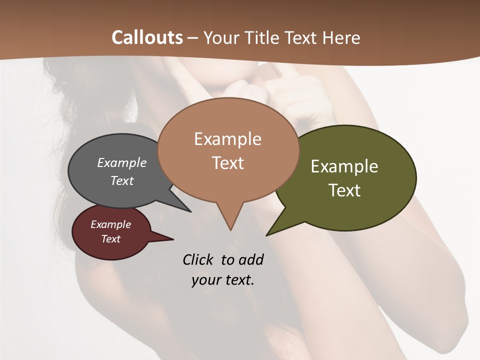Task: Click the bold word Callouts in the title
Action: coord(147,37)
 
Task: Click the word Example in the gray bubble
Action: coord(121,162)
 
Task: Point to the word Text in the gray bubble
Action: coord(121,180)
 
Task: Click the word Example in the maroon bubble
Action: coord(110,224)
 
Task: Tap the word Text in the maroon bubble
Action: coord(110,239)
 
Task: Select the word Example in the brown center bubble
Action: coord(227,139)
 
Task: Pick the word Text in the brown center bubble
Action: coord(227,163)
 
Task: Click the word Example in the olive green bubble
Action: coord(344,166)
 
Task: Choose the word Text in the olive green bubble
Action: coord(344,190)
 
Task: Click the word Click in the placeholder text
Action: coord(198,259)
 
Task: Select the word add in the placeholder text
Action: coord(250,259)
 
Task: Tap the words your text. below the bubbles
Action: coord(222,280)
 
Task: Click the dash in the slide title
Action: coord(193,38)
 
